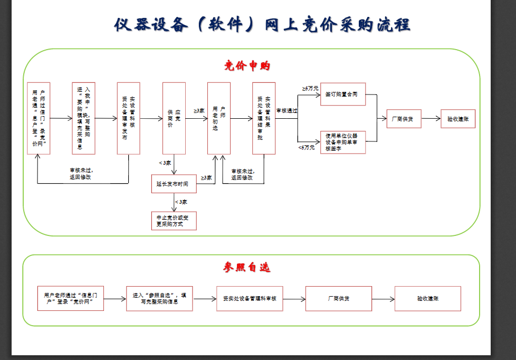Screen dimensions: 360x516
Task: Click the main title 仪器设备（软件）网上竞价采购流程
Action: point(262,24)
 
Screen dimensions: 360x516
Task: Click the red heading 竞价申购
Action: point(247,66)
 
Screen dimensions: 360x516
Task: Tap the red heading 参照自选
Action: point(246,268)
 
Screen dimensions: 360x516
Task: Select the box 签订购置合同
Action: point(342,94)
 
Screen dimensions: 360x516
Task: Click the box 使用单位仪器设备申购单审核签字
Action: point(342,142)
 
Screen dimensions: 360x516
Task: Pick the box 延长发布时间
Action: point(174,185)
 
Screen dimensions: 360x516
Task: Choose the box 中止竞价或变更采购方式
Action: point(174,221)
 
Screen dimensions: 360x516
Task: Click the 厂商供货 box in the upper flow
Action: point(403,119)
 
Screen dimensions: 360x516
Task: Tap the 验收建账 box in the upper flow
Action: point(458,119)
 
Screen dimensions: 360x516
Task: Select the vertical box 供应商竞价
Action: point(174,118)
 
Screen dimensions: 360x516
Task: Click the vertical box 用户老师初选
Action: point(218,118)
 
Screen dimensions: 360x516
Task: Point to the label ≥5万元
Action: point(310,88)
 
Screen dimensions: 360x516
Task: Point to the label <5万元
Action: point(306,147)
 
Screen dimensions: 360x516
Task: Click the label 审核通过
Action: point(286,111)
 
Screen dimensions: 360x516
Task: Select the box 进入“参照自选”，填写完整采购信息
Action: point(159,299)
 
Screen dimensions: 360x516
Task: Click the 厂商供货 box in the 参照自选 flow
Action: point(338,299)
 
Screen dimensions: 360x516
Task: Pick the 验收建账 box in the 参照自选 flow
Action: point(427,299)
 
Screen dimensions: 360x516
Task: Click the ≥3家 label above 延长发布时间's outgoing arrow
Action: point(206,178)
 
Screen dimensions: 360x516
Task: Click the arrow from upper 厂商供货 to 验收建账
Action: point(431,119)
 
